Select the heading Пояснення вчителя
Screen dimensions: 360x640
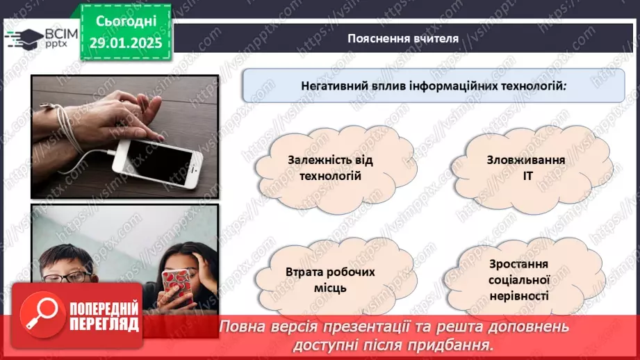(403, 38)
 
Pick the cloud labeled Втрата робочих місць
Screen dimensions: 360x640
(330, 279)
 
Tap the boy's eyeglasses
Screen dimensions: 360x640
(66, 277)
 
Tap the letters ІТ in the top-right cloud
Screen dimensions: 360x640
(526, 176)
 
